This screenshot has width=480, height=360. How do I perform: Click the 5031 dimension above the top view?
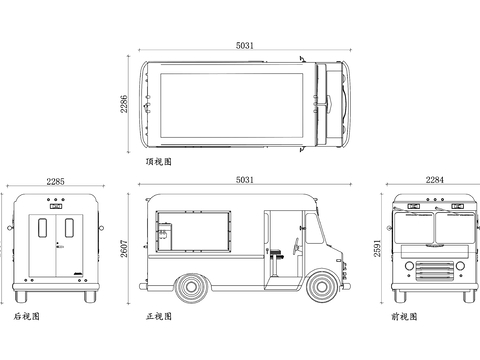[x=245, y=45]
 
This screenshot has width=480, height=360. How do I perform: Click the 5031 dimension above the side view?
[x=245, y=180]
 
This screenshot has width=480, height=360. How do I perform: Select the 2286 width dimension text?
[x=124, y=104]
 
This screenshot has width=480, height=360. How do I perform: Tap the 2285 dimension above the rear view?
[x=55, y=181]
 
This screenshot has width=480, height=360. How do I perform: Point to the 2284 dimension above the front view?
[x=435, y=180]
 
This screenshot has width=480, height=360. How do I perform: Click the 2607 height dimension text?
[x=124, y=248]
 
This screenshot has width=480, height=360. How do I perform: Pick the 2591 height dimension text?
[x=377, y=248]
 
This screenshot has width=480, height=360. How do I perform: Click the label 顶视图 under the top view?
[x=159, y=162]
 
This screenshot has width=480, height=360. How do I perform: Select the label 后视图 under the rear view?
[x=27, y=316]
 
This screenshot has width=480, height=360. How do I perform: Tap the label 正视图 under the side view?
[x=159, y=316]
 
